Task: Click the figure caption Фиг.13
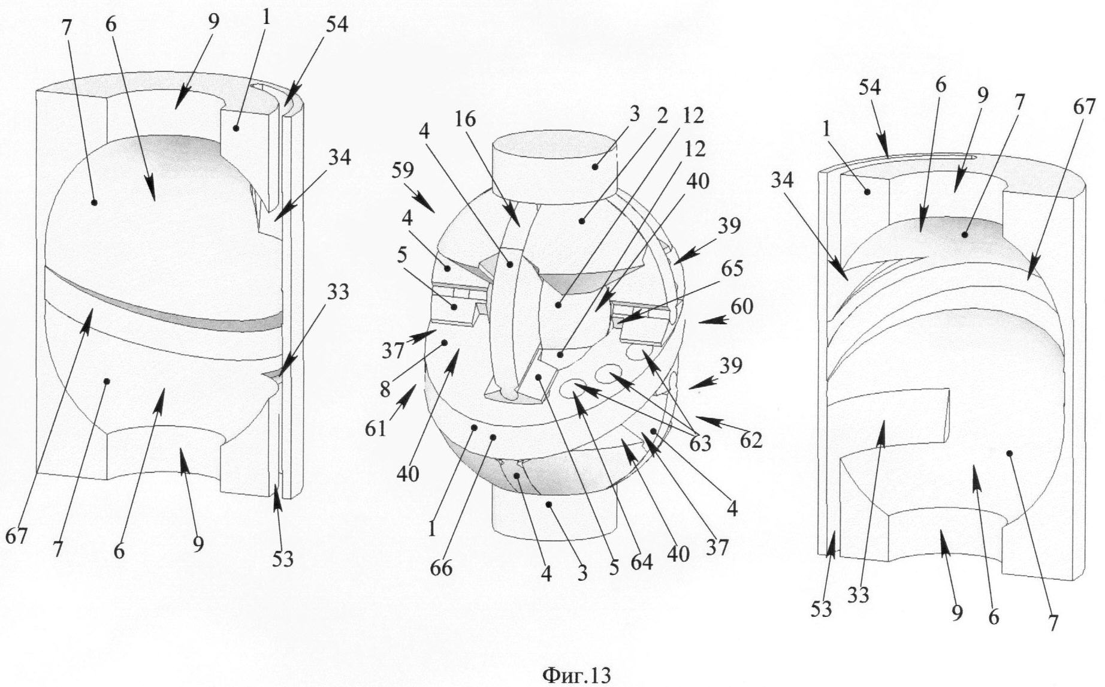coord(576,676)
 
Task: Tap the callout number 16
coord(465,120)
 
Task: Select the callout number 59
coord(403,171)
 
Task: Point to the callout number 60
coord(742,307)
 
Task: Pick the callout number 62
coord(750,441)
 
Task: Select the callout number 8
coord(385,389)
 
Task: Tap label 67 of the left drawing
coord(17,537)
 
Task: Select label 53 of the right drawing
coord(822,609)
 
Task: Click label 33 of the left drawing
coord(339,292)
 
